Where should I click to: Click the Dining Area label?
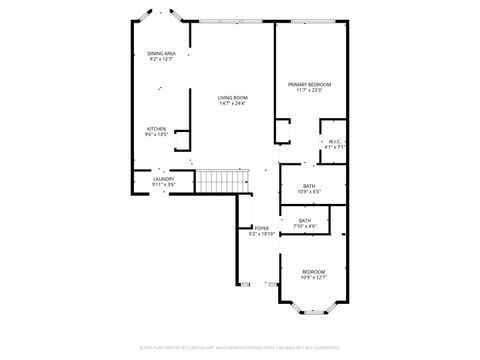pos(161,53)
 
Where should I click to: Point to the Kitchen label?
pos(156,128)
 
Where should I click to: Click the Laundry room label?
pos(163,179)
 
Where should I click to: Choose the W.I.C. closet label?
pos(334,141)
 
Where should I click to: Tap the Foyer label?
pos(261,228)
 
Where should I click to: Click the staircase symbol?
pos(220,182)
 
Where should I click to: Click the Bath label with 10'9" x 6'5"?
pos(309,185)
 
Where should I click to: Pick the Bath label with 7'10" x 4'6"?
pos(304,220)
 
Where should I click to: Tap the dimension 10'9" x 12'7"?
pos(314,278)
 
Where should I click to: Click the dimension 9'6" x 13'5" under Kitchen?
pos(156,134)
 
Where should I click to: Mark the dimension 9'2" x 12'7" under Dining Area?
pos(161,59)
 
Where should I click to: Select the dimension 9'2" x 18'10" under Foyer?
pos(261,234)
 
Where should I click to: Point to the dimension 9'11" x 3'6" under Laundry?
pos(163,185)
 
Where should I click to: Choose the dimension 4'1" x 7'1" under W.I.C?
pos(334,147)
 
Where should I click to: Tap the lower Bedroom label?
pos(314,272)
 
